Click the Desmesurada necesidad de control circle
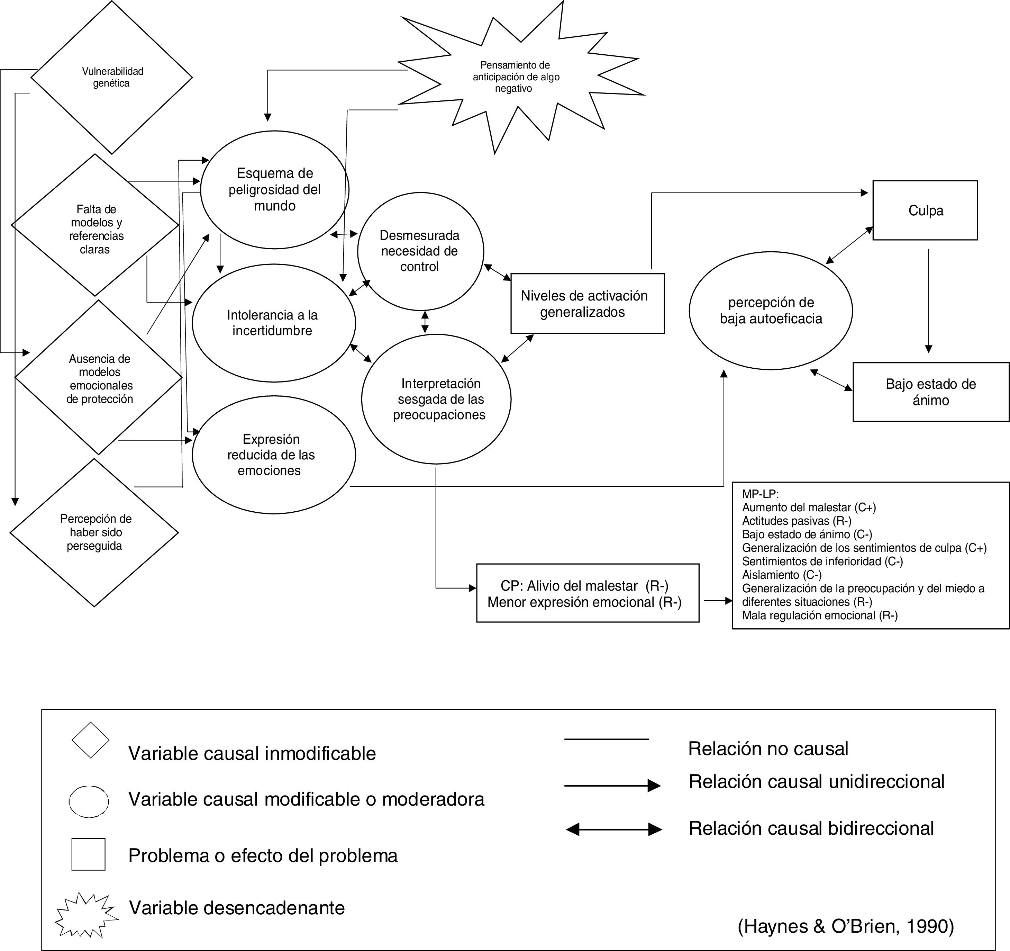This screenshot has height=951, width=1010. click(x=420, y=251)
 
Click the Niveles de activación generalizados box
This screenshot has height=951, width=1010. click(x=587, y=304)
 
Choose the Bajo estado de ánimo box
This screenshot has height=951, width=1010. click(x=931, y=392)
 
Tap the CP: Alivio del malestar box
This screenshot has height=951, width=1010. click(x=587, y=593)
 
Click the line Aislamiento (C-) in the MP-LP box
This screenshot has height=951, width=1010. click(x=781, y=575)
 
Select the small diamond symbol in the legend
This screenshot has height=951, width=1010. click(x=90, y=740)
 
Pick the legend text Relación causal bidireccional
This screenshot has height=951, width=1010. click(x=811, y=828)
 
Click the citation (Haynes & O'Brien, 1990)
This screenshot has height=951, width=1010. click(x=845, y=926)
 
